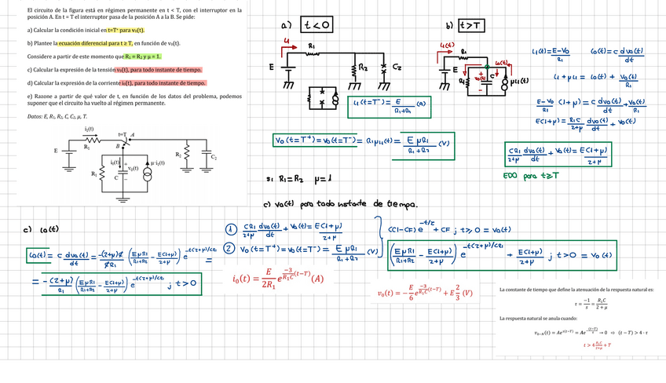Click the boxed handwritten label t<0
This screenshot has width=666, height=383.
coord(317,26)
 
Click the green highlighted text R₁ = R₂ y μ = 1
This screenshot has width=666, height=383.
coord(142,57)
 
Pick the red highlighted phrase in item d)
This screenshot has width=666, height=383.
coord(163,82)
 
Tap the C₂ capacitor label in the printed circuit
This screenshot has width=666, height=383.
coord(213,157)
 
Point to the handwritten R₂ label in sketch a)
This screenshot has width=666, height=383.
coord(364,67)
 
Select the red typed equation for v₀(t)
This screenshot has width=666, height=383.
coord(424,293)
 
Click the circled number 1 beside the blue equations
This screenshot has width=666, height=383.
coord(231,230)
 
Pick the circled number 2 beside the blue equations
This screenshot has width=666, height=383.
coord(231,249)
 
